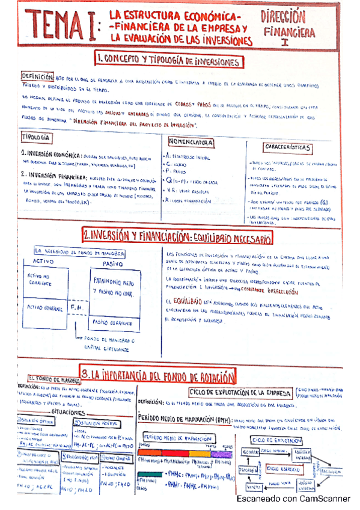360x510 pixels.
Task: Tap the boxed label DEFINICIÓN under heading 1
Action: click(37, 78)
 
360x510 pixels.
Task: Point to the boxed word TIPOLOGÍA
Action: click(37, 137)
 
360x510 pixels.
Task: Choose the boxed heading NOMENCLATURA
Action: click(192, 143)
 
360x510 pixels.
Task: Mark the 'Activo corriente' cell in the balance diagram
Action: click(44, 307)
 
